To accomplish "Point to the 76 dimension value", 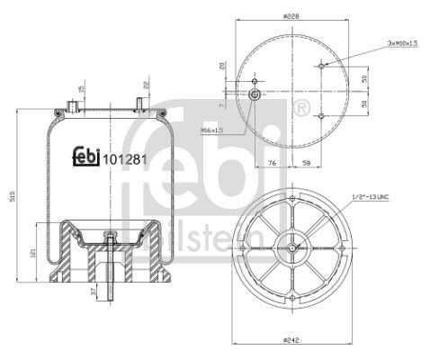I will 271,163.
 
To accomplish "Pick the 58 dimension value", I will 307,163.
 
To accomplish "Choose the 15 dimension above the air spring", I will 81,88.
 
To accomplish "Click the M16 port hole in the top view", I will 255,95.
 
